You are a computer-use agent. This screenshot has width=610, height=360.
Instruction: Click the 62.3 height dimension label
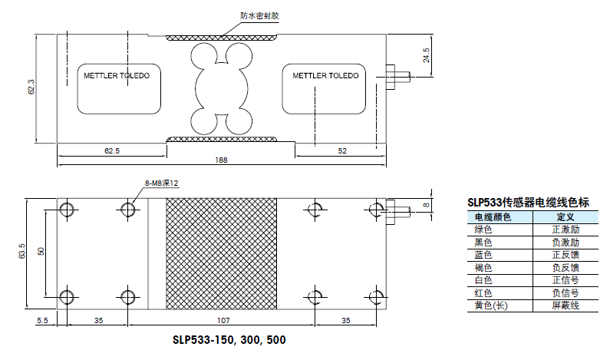[x=31, y=88]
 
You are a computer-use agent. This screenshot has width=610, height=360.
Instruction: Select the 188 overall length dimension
[x=221, y=160]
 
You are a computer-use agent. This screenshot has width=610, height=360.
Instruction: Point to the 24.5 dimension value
[x=426, y=55]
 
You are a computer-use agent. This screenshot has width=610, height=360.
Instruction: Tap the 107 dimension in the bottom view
[x=223, y=320]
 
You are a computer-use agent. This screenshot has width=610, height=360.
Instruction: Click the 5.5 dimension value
[x=42, y=320]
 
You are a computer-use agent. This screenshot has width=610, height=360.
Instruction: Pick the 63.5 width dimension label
[x=21, y=251]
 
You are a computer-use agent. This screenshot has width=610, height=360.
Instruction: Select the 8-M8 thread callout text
[x=162, y=183]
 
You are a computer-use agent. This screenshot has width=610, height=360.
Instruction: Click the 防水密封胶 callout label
[x=259, y=16]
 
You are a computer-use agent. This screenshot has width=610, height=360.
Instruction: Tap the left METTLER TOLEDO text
[x=117, y=75]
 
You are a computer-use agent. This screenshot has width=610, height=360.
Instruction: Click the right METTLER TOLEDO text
[x=325, y=75]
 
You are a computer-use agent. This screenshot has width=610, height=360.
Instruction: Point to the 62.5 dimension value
[x=112, y=150]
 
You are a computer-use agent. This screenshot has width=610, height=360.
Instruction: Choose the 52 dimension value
[x=342, y=150]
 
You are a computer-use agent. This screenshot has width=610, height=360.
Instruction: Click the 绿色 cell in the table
[x=483, y=230]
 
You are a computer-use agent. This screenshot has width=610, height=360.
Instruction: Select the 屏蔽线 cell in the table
[x=565, y=306]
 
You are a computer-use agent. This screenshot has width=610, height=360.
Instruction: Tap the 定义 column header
[x=565, y=217]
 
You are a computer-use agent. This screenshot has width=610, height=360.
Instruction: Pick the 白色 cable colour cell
[x=483, y=280]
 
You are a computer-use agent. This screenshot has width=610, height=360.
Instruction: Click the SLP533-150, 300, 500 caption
[x=229, y=340]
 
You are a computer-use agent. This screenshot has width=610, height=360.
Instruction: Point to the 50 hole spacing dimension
[x=41, y=252]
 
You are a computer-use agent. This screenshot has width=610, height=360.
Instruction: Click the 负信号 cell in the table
[x=565, y=292]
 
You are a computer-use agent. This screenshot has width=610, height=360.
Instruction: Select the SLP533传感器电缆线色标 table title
[x=529, y=203]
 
